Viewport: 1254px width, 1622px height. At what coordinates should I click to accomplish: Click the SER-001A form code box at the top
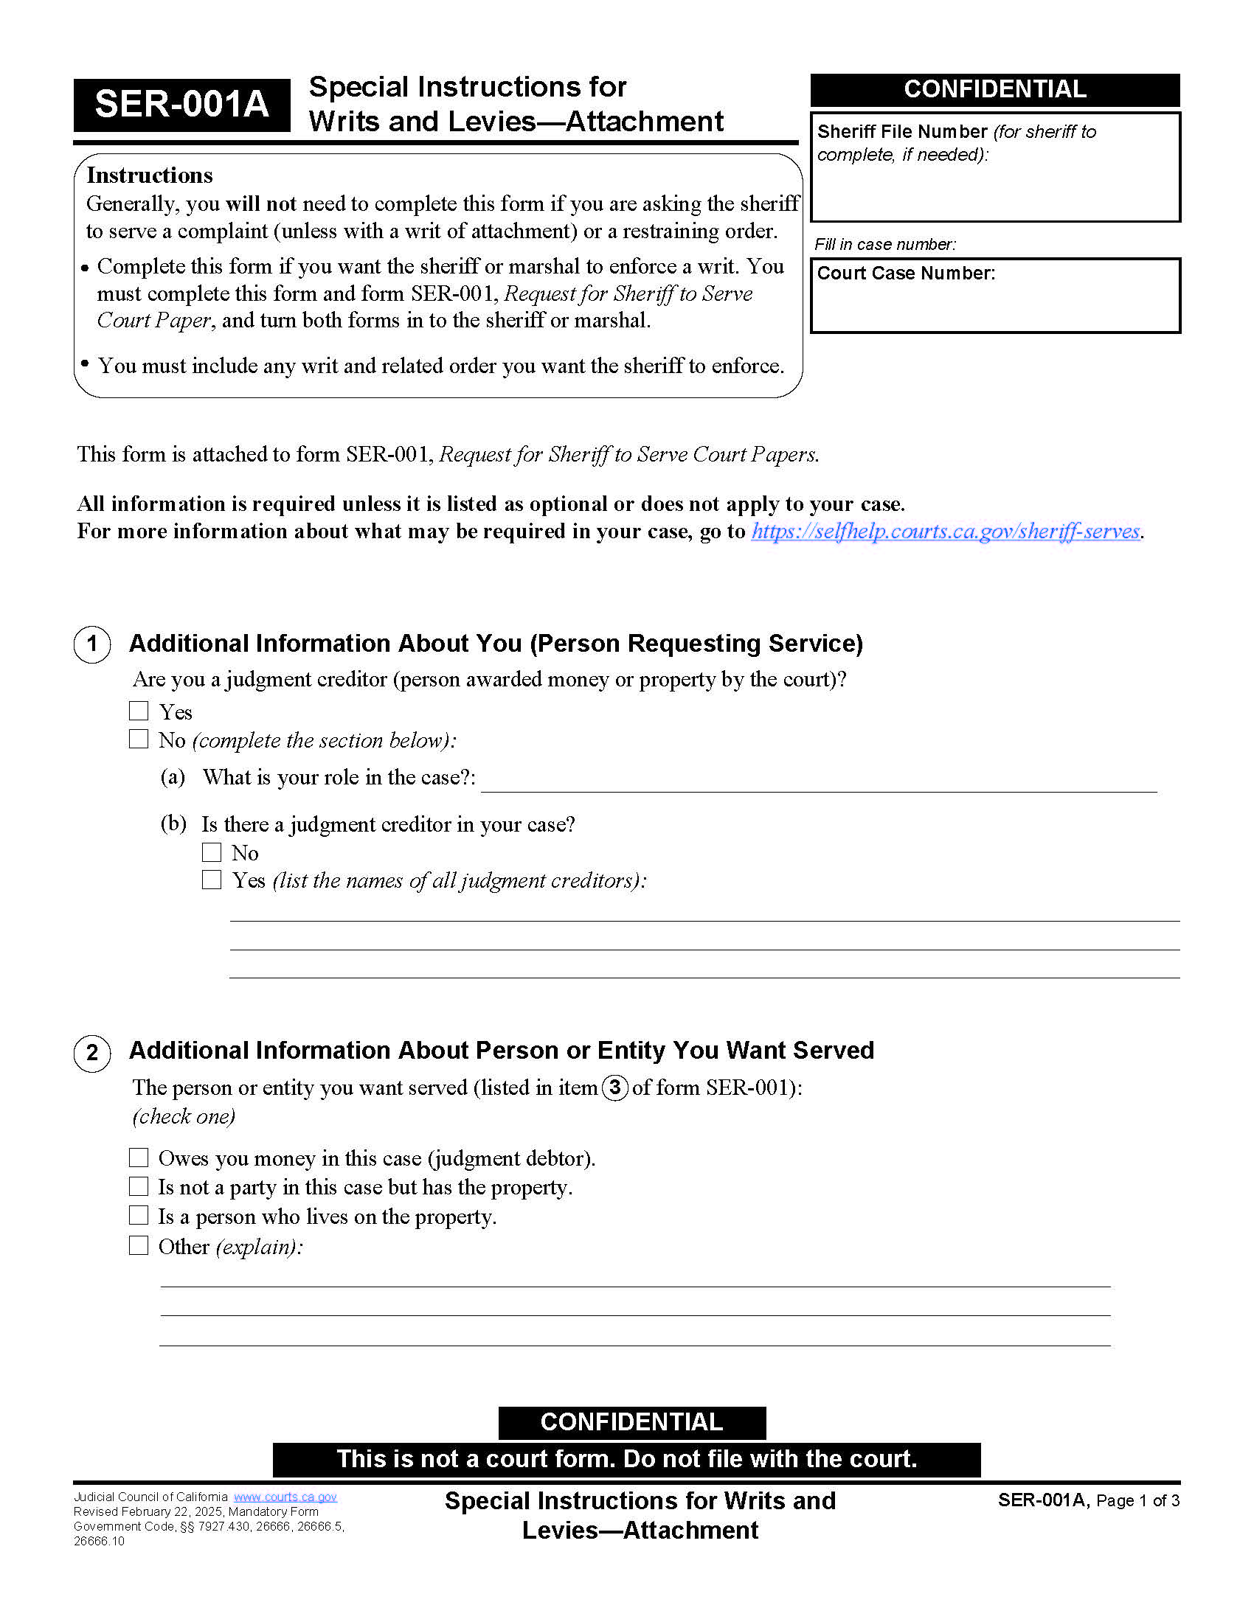point(181,104)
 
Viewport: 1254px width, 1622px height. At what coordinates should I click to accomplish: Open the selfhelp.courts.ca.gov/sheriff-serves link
point(945,531)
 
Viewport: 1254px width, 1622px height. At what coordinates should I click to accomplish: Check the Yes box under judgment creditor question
point(139,711)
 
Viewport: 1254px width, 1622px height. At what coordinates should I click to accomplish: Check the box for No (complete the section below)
point(139,739)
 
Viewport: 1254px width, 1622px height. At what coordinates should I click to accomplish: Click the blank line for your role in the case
point(817,780)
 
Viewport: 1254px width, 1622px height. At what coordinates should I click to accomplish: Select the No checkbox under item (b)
point(212,852)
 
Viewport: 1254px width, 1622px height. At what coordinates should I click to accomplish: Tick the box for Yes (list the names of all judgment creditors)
point(212,880)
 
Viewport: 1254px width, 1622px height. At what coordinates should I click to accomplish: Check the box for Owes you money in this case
point(139,1157)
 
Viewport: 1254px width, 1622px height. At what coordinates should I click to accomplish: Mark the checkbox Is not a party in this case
point(139,1186)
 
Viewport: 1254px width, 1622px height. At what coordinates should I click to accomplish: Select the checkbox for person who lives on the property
point(139,1215)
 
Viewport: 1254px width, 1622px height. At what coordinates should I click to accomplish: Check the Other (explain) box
point(139,1245)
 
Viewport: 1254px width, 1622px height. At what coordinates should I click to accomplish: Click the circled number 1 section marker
point(92,644)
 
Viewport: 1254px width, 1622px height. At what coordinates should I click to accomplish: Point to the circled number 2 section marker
point(92,1052)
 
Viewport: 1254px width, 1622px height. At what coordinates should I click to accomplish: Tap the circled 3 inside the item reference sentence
point(614,1087)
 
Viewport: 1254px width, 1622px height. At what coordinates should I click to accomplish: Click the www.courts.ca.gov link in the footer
point(285,1497)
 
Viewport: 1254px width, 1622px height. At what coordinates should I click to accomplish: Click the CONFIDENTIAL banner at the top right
point(995,89)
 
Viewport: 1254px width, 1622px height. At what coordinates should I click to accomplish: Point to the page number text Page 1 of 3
point(1137,1501)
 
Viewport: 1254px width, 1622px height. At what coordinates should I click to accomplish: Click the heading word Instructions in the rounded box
point(149,175)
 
